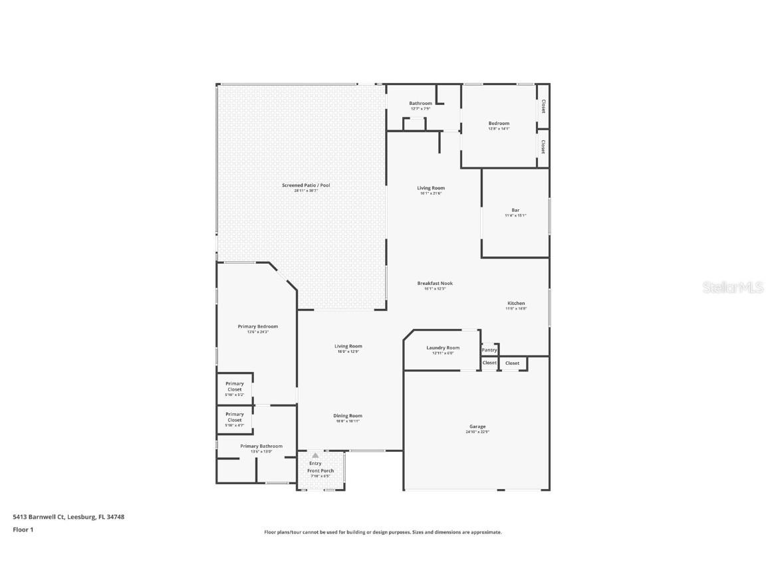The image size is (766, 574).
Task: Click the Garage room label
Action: (x=477, y=427)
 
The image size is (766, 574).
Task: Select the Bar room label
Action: (x=515, y=210)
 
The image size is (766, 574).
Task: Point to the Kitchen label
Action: (x=515, y=303)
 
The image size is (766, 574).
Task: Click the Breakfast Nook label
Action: (x=435, y=283)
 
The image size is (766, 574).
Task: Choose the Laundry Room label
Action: (x=442, y=347)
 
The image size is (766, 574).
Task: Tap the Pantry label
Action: (x=489, y=350)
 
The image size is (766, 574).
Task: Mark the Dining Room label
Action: (x=348, y=416)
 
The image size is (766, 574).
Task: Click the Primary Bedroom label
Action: (x=257, y=326)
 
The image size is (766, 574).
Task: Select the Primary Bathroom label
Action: (x=261, y=446)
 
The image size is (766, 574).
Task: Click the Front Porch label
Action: (x=320, y=470)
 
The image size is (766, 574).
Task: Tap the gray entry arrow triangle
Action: (x=315, y=455)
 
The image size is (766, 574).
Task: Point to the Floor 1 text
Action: (x=23, y=529)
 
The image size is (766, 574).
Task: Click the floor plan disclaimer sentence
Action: (x=382, y=532)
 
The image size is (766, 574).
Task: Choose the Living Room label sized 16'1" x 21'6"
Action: (x=431, y=188)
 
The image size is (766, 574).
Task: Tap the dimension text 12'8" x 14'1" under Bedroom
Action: (x=499, y=129)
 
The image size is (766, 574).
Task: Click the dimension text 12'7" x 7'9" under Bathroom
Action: (x=420, y=109)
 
